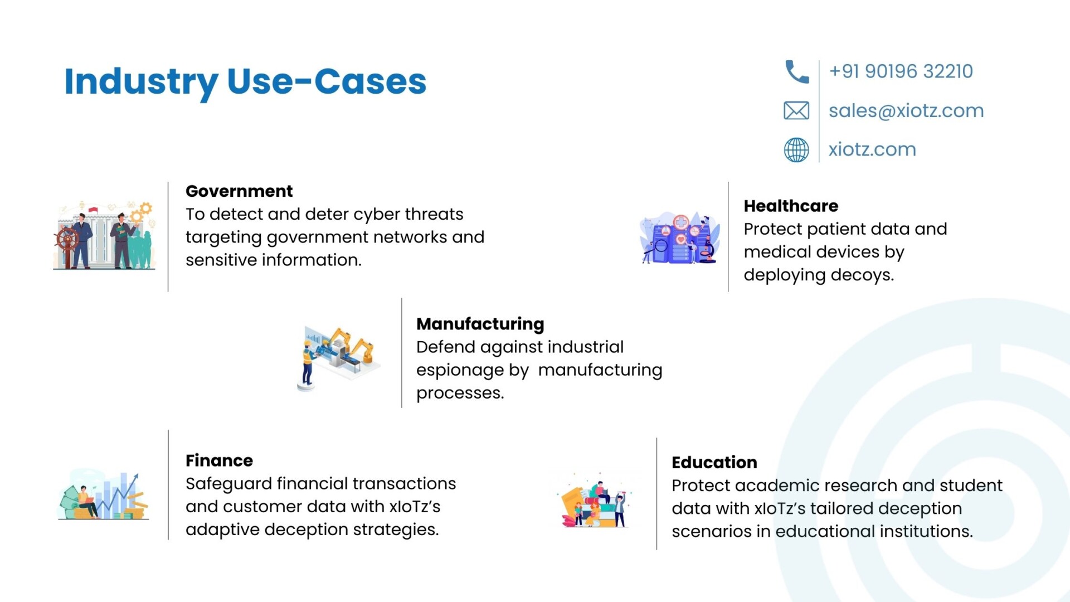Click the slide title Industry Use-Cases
coord(245,82)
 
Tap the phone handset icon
coord(796,72)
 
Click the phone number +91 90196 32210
coord(901,71)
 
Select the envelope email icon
coord(796,110)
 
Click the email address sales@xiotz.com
coord(906,111)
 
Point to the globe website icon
coord(796,149)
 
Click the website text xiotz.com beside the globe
coord(872,149)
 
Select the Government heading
coord(239,191)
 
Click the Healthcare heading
coord(791,206)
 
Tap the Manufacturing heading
coord(480,324)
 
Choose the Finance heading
coord(219,460)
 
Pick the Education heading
coord(714,462)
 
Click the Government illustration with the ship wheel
coord(104,236)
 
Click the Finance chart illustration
coord(104,495)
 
